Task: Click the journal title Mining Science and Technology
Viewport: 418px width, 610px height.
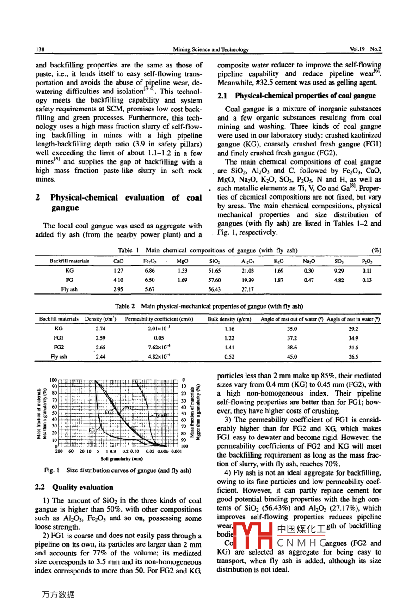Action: (210, 49)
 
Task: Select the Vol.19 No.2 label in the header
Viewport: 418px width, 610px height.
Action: (366, 49)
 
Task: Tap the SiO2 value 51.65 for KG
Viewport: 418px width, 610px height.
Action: (215, 271)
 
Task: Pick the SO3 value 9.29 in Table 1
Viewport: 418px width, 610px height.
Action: (339, 271)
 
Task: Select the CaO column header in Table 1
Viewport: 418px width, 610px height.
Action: (118, 261)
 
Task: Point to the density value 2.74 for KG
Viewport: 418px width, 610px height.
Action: (100, 329)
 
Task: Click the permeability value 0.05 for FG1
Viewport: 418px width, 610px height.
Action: (159, 338)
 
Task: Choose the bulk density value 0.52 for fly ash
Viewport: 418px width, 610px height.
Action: (229, 357)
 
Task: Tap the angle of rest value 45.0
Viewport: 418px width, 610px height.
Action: (292, 357)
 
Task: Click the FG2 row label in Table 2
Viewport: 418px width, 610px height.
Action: (59, 348)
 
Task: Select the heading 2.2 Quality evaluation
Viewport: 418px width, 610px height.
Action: (74, 487)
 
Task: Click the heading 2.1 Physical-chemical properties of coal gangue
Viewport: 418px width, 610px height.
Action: (296, 96)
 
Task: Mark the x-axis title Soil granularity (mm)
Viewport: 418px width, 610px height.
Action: (122, 459)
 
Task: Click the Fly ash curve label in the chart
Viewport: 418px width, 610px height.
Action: (160, 415)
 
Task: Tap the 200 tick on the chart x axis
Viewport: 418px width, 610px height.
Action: (59, 451)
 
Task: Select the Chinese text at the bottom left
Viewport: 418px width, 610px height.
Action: (58, 594)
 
